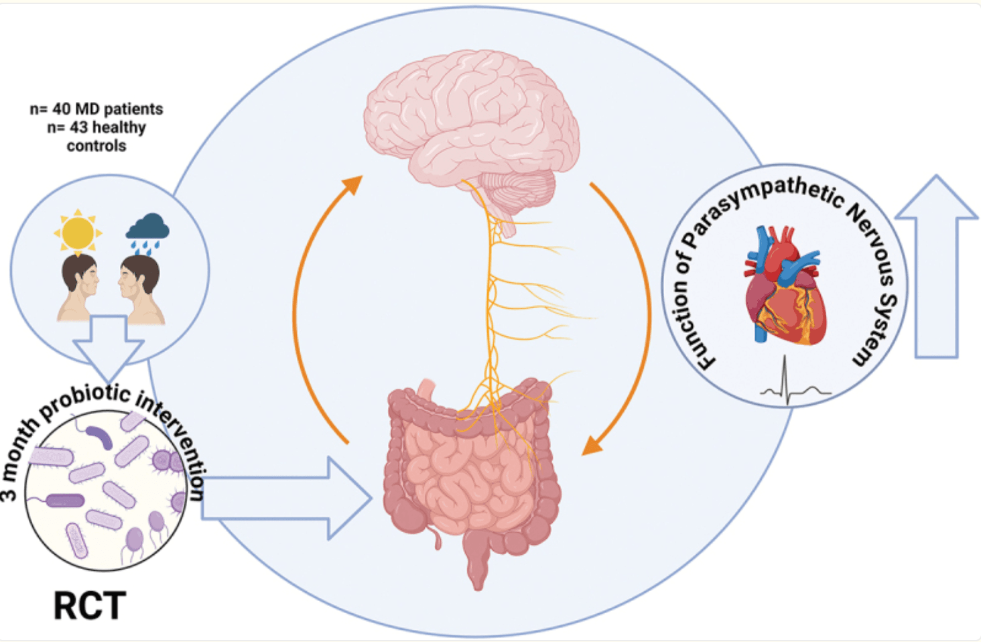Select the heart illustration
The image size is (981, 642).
click(x=784, y=288)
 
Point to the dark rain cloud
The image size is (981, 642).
click(x=147, y=228)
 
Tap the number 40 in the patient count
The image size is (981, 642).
click(x=62, y=109)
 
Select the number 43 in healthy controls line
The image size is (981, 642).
click(x=78, y=127)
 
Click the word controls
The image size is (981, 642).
click(x=96, y=145)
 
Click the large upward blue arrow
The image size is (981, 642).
click(x=936, y=268)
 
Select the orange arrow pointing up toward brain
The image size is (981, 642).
click(x=315, y=302)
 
